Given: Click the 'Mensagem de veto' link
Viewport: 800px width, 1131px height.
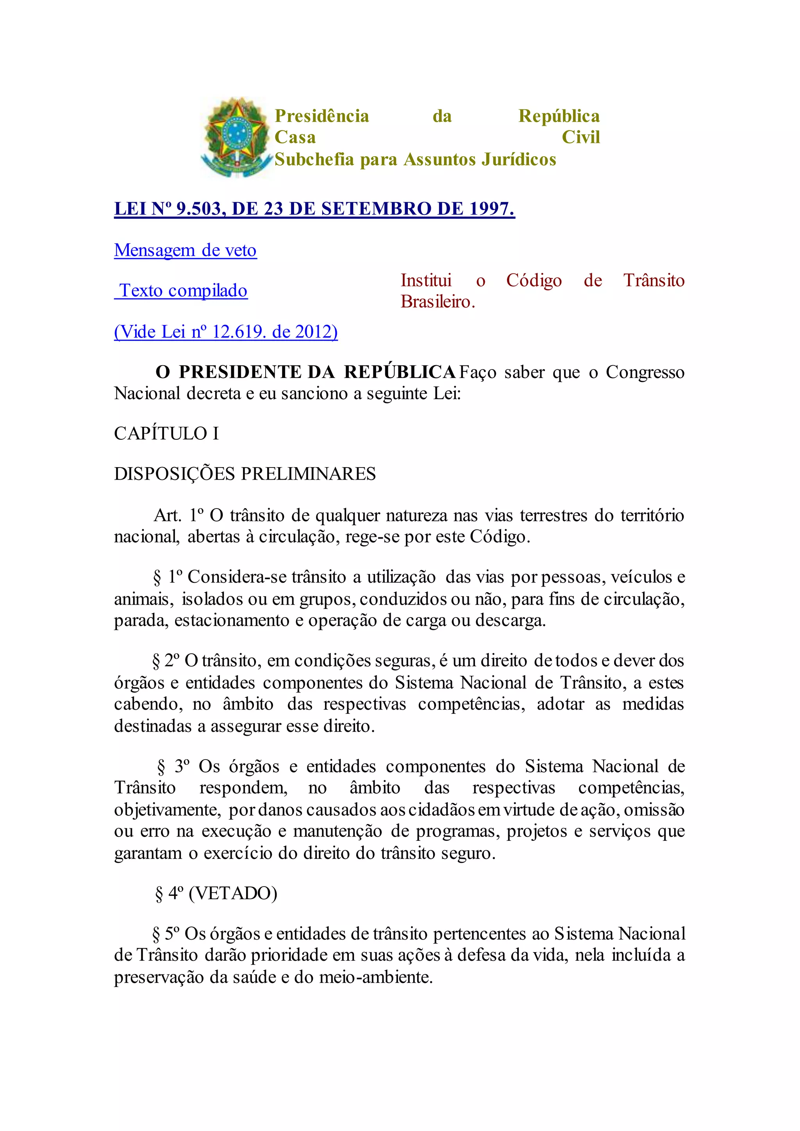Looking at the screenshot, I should [185, 250].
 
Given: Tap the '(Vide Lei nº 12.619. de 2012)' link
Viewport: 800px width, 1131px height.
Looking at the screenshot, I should [226, 332].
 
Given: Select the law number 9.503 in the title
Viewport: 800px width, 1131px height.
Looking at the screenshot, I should [198, 209].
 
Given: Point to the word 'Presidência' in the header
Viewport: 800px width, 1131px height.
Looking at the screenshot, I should [321, 116].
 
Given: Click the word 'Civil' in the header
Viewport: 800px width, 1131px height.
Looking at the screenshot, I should [581, 137].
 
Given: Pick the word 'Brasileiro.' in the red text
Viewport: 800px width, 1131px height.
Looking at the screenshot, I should [437, 301].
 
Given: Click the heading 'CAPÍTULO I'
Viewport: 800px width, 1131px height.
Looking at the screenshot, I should [166, 433].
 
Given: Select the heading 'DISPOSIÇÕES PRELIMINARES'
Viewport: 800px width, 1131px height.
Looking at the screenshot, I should [245, 474].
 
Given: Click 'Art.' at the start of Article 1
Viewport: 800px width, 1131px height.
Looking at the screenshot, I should [168, 515].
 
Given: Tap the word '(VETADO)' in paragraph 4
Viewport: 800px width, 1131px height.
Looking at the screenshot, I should [233, 893].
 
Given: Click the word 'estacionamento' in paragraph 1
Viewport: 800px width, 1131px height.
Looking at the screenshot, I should [232, 620].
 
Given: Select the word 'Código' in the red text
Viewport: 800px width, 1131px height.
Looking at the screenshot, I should [534, 280].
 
